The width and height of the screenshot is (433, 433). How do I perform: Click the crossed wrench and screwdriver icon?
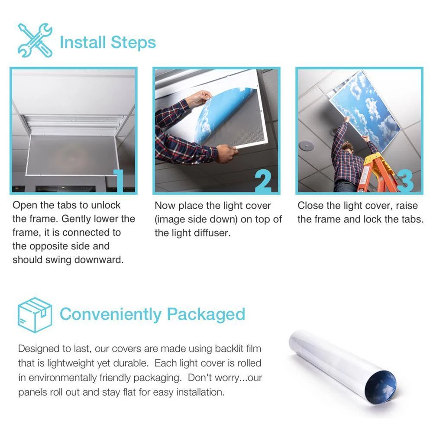point(35,40)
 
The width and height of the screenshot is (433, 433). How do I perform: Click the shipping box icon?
point(35,315)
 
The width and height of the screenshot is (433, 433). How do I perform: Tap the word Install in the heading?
point(83,42)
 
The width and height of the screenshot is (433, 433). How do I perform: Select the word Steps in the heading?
point(133,43)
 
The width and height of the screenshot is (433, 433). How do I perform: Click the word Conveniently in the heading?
point(111,315)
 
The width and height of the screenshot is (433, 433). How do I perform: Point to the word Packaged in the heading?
point(206,315)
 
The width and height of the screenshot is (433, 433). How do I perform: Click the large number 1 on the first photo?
point(119,181)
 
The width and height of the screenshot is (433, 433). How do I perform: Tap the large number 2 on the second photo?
point(263,181)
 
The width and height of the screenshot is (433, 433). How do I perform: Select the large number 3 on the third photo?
point(405,181)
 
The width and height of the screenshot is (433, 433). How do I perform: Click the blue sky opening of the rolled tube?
point(381,389)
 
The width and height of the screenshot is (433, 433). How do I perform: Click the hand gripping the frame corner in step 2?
point(226,154)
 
